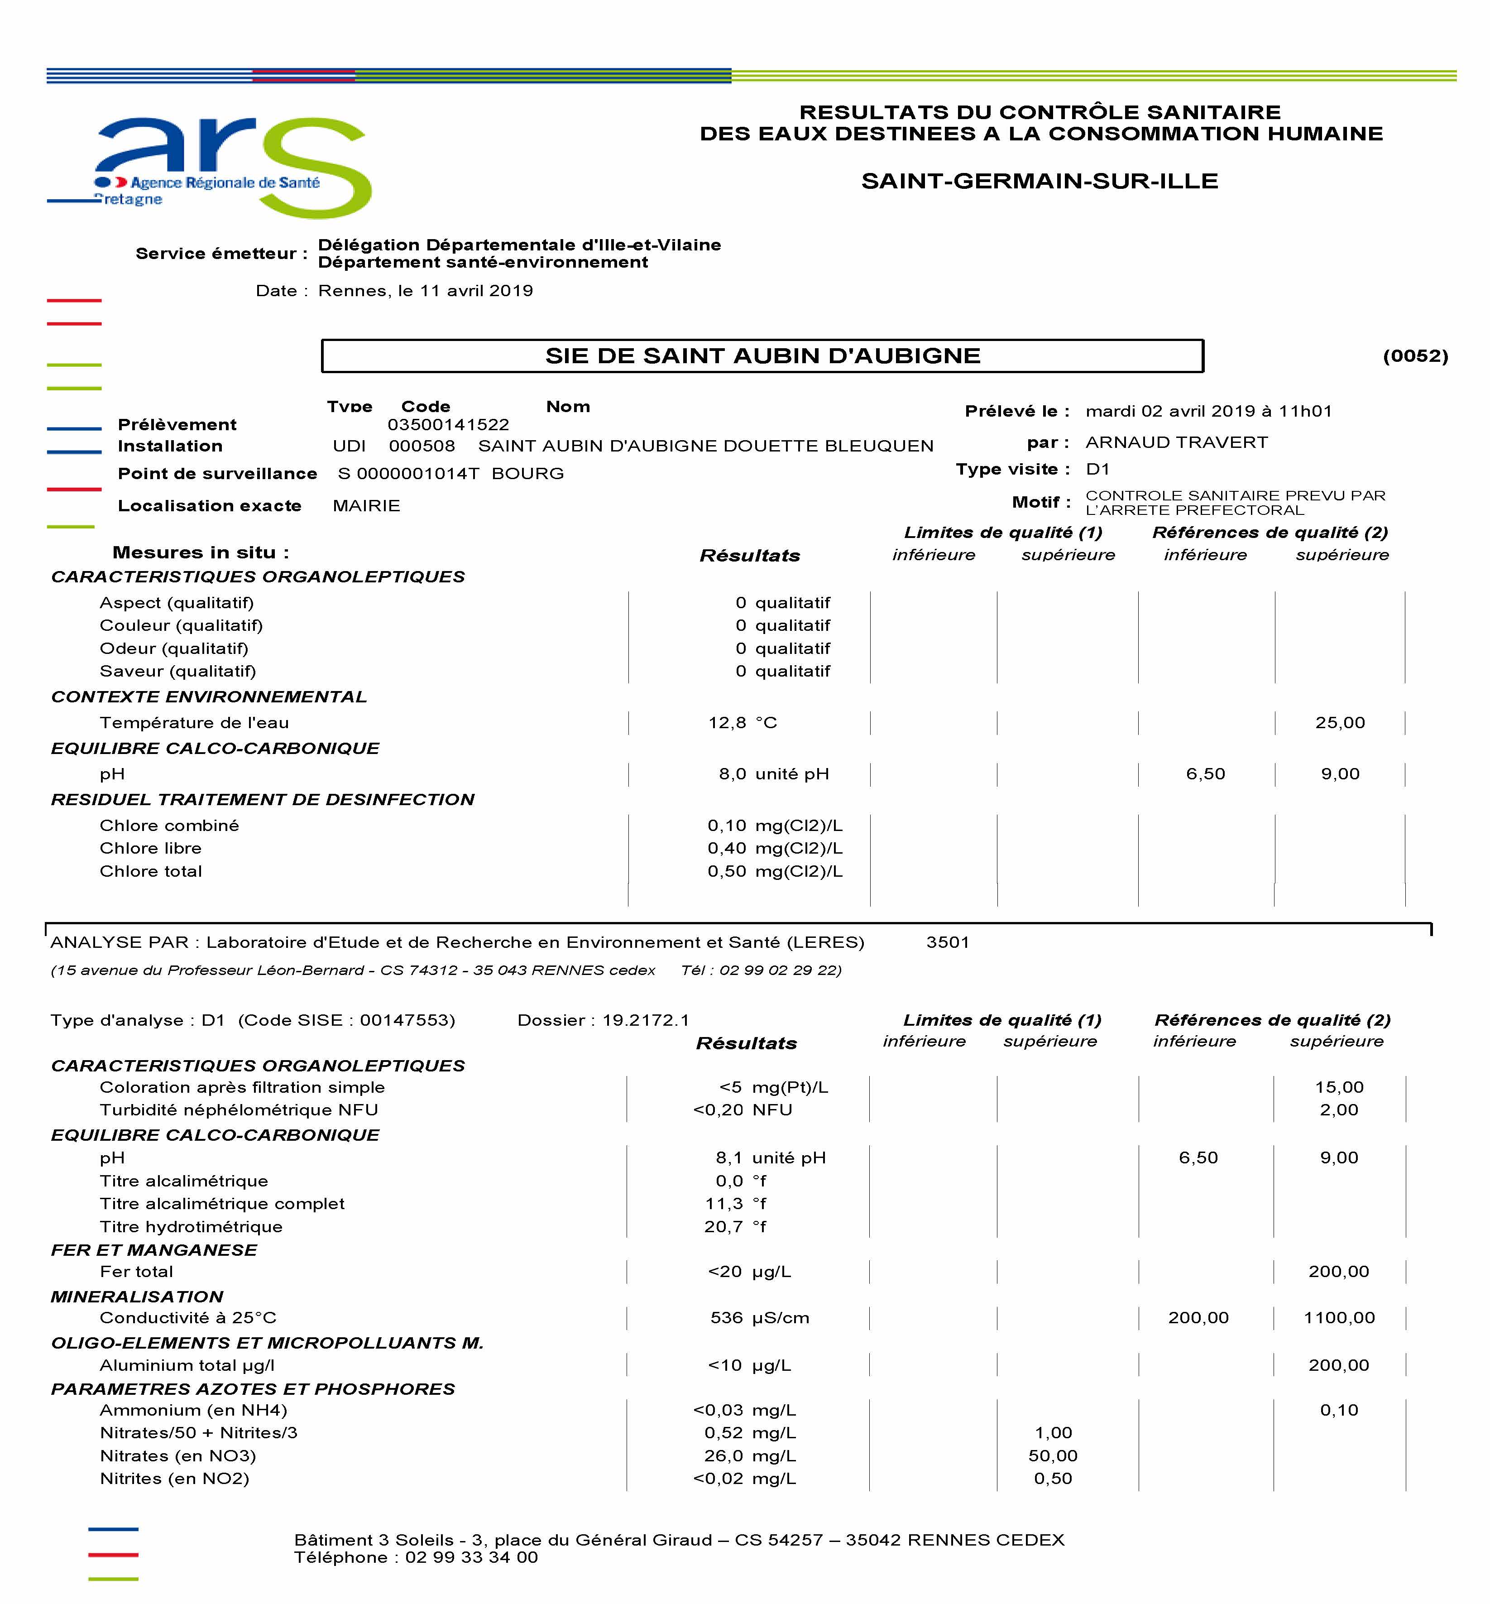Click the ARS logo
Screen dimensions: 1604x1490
coord(234,165)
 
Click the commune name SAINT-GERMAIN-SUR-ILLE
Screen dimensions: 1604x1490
coord(1040,181)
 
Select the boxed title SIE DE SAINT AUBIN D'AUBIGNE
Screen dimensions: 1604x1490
coord(762,355)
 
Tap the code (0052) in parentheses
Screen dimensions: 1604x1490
coord(1415,355)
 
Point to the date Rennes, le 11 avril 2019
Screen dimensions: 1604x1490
coord(426,290)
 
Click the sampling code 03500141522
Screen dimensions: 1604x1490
coord(448,424)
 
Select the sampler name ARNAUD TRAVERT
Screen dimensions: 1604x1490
coord(1176,442)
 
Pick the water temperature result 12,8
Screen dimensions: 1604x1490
coord(727,723)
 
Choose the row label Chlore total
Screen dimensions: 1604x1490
coord(151,871)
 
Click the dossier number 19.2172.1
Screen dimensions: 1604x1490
coord(646,1020)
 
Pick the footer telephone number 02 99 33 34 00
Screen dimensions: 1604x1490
coord(472,1557)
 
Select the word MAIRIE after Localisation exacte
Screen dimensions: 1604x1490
coord(366,506)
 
